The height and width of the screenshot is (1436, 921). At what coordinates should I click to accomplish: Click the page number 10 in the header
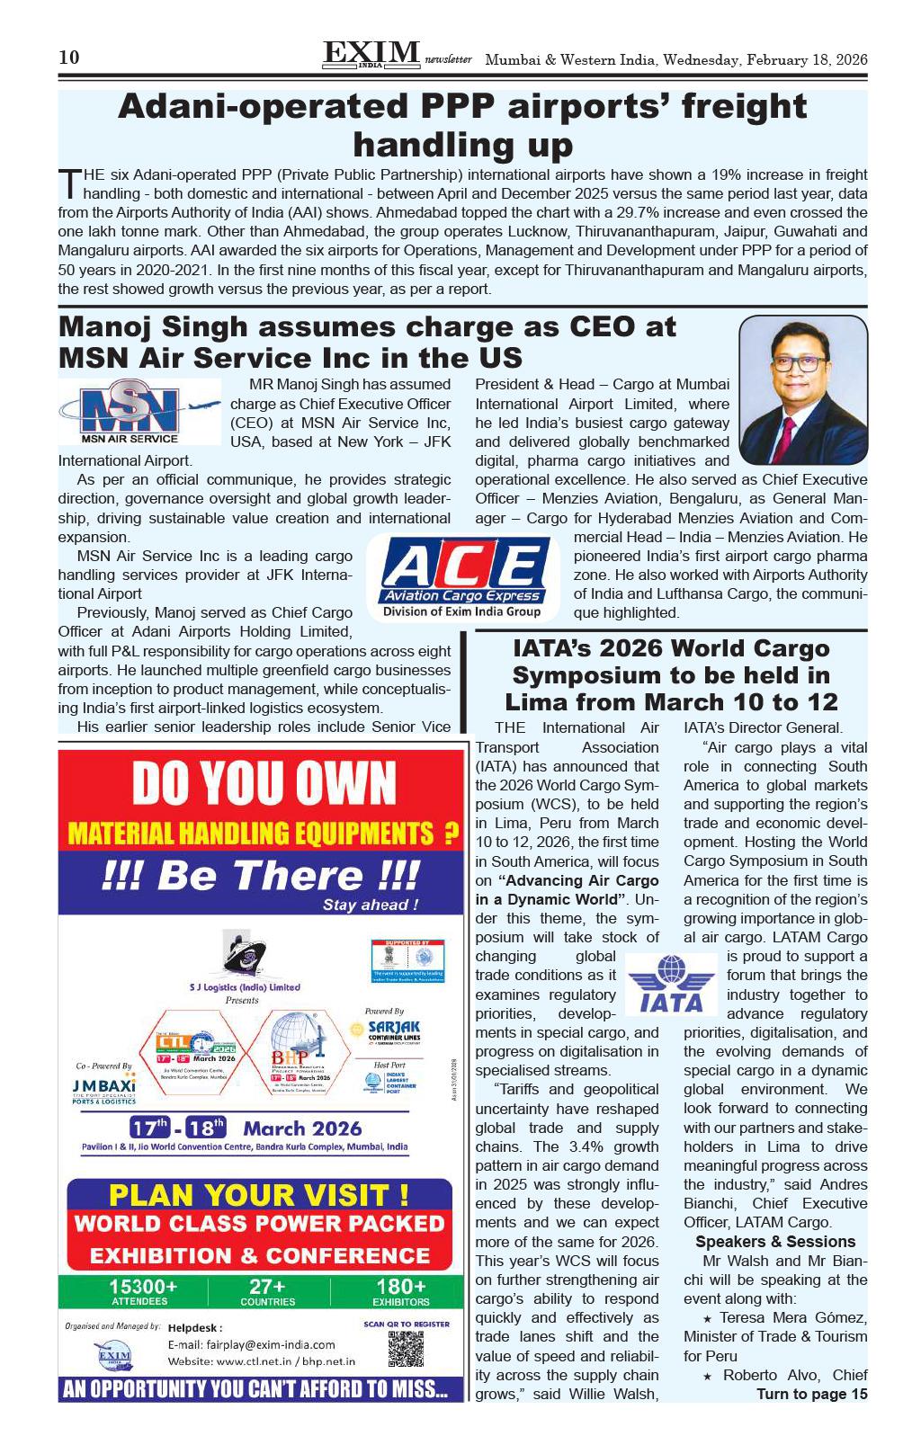pos(69,58)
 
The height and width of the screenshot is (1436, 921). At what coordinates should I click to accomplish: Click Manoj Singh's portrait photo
pos(802,389)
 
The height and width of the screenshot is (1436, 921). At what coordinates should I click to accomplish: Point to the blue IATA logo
pos(670,984)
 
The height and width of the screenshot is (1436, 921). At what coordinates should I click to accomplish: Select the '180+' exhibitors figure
pos(401,1287)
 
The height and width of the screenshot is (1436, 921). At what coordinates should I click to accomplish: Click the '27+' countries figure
pos(267,1287)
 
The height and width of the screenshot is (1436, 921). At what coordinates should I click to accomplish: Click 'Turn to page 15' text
pos(811,1394)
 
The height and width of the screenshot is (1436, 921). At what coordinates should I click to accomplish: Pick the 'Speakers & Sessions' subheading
pos(775,1242)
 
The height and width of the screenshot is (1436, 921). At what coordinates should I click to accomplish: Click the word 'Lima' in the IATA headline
pos(541,701)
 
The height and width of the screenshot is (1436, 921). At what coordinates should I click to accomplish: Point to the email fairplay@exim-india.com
pos(251,1344)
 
